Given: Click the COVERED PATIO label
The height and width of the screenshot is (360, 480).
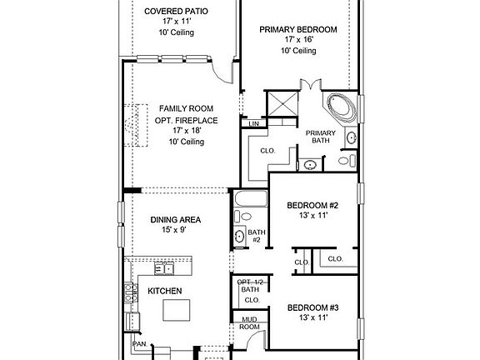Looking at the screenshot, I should click(176, 12).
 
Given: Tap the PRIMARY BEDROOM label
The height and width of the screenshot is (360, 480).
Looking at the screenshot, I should click(298, 29).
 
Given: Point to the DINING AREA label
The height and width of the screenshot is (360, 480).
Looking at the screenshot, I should click(176, 220).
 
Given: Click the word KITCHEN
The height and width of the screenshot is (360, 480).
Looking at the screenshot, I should click(165, 291).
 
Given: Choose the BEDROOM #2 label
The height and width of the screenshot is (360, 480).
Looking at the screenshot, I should click(312, 205).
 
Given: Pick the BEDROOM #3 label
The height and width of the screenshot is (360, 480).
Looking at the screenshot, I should click(312, 307).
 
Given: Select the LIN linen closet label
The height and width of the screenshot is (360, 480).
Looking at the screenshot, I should click(254, 124).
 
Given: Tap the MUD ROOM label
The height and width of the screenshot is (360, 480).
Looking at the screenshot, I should click(249, 323).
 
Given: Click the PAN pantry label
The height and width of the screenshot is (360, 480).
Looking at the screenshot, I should click(137, 342).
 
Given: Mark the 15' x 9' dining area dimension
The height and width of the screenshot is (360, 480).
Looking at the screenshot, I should click(176, 231).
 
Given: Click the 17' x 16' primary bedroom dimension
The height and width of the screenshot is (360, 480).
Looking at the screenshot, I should click(298, 40).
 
